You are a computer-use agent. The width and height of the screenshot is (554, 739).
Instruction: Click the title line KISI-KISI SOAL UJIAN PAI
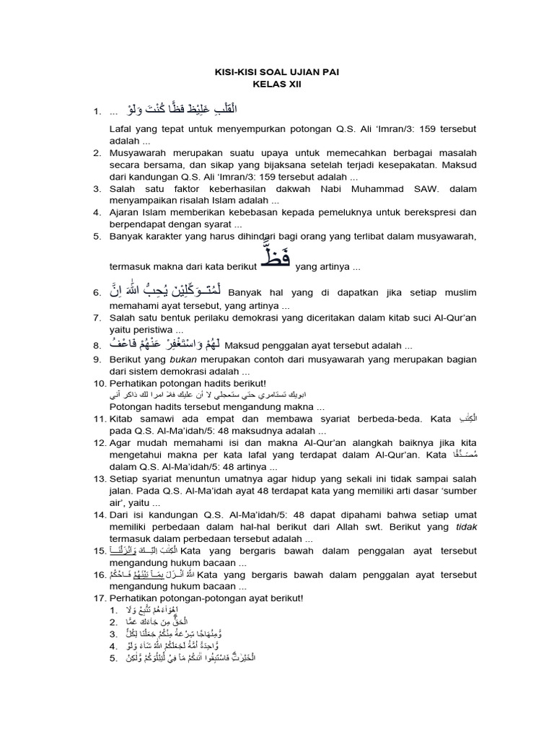[277, 73]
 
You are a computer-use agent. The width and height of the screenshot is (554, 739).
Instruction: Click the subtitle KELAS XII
[277, 84]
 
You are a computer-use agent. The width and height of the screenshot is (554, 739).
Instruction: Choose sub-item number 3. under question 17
[113, 634]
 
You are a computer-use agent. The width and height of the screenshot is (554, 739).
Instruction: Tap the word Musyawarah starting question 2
[138, 154]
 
